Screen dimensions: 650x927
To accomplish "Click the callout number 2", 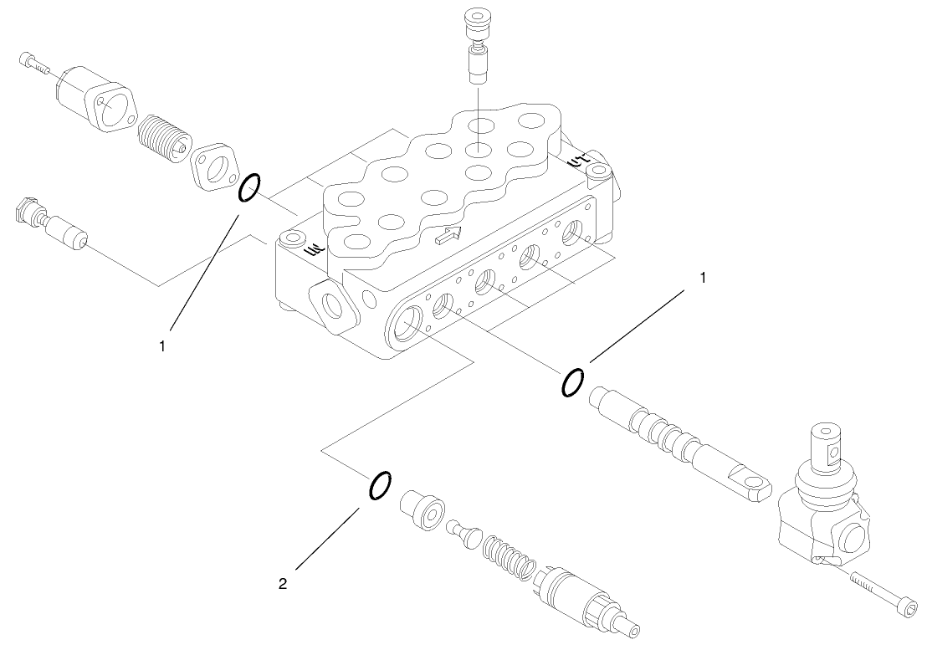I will [283, 585].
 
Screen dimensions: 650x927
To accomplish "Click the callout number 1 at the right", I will [703, 278].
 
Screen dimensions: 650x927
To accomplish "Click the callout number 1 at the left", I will [165, 343].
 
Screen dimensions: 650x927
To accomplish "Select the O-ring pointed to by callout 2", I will [378, 485].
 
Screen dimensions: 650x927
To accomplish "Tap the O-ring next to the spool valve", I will [572, 381].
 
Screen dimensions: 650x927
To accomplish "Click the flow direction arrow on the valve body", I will [448, 237].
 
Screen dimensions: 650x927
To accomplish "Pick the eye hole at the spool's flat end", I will [761, 483].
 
